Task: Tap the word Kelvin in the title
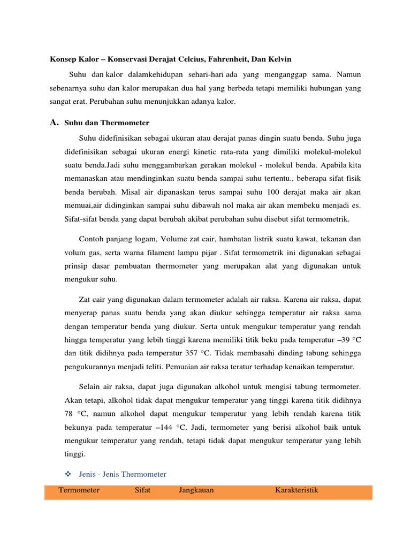tap(278, 58)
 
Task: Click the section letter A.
tap(54, 123)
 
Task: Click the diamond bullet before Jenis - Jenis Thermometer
tap(68, 474)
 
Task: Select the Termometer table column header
tap(79, 490)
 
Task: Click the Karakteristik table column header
tap(296, 490)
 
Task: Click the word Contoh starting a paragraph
tap(92, 238)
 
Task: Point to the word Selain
tap(92, 386)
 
